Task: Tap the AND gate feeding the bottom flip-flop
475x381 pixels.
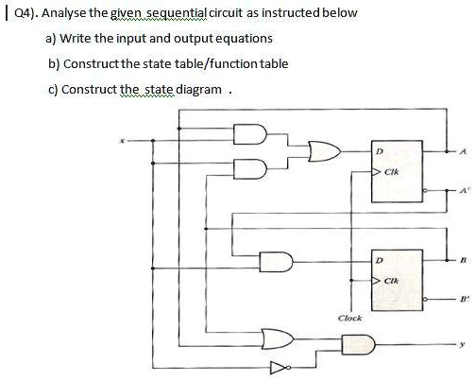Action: pos(281,259)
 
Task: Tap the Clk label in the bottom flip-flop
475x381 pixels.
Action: pos(390,281)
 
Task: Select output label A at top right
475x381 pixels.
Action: pos(462,150)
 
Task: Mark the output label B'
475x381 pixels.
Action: pos(462,301)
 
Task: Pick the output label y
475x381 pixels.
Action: pos(462,344)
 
